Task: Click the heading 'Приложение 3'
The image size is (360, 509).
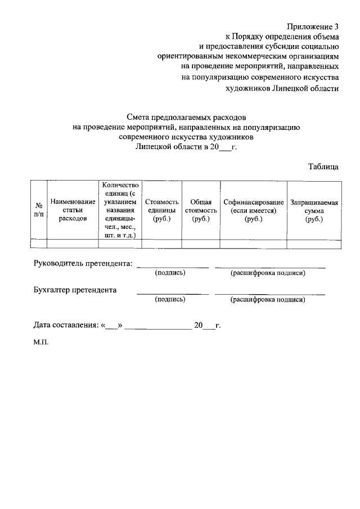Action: (x=313, y=27)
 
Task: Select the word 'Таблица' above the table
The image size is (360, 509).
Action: (x=323, y=166)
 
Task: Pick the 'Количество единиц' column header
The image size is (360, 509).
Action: (x=120, y=210)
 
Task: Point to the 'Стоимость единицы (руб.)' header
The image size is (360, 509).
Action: (x=161, y=210)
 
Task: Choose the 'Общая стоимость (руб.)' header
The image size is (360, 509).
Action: (x=200, y=210)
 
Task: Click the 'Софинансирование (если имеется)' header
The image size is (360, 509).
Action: (x=253, y=210)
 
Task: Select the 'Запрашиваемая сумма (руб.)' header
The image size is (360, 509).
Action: (x=313, y=210)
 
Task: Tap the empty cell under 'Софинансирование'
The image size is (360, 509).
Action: (x=253, y=244)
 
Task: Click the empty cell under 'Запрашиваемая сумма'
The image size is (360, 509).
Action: (x=313, y=244)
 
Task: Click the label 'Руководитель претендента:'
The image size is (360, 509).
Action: (x=83, y=263)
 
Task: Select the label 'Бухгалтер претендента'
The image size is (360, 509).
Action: (x=75, y=290)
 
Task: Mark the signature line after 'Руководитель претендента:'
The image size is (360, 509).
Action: (x=173, y=265)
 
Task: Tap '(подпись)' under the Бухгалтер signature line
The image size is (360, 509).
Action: (x=170, y=300)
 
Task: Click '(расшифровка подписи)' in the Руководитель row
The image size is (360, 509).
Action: (x=268, y=273)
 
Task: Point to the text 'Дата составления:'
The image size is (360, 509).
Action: (x=65, y=326)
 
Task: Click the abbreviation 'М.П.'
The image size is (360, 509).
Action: (x=41, y=341)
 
